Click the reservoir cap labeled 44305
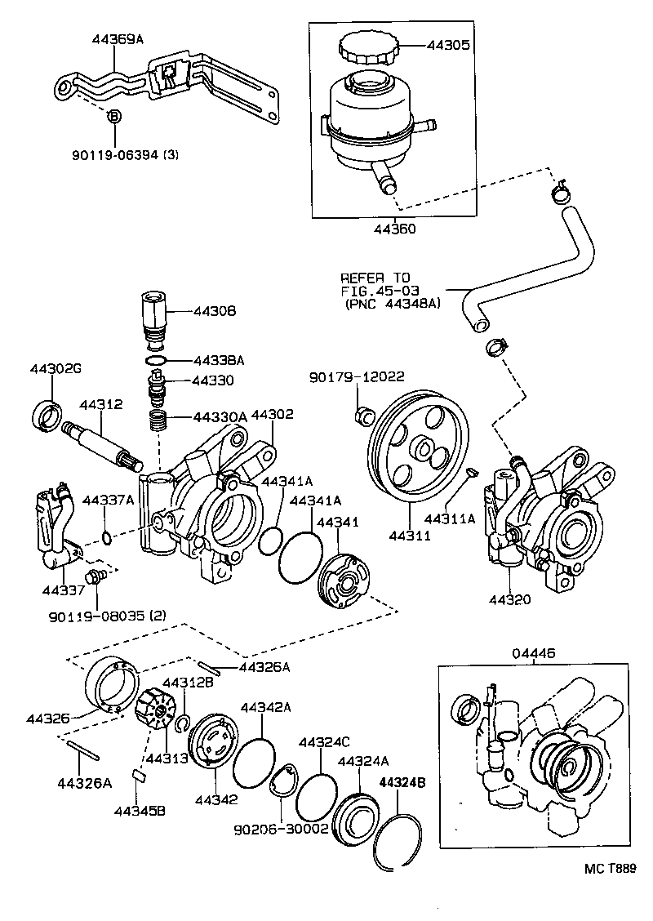[x=367, y=48]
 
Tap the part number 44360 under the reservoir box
[x=395, y=229]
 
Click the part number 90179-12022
[x=356, y=376]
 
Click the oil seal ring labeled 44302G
[x=48, y=415]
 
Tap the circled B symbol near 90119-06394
[x=114, y=117]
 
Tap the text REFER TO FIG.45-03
[x=376, y=283]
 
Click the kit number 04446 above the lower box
[x=534, y=652]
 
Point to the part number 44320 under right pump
[x=510, y=599]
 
